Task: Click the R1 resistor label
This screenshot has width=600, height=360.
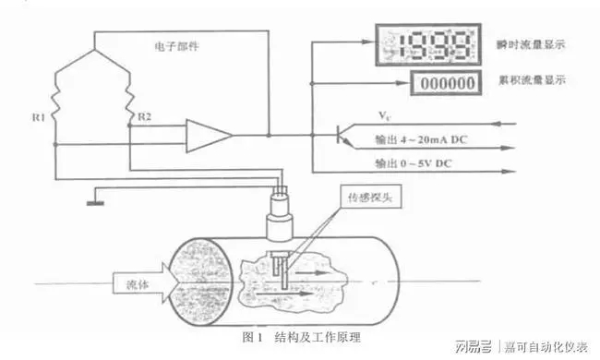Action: click(x=36, y=118)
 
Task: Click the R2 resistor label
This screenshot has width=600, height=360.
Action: click(x=143, y=118)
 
